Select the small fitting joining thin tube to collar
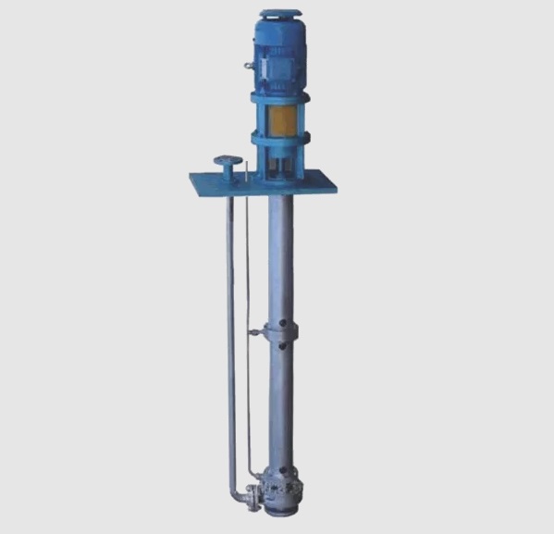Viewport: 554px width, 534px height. pyautogui.click(x=253, y=332)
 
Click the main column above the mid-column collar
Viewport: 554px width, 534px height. pyautogui.click(x=280, y=259)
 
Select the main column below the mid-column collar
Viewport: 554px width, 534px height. pyautogui.click(x=280, y=407)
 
